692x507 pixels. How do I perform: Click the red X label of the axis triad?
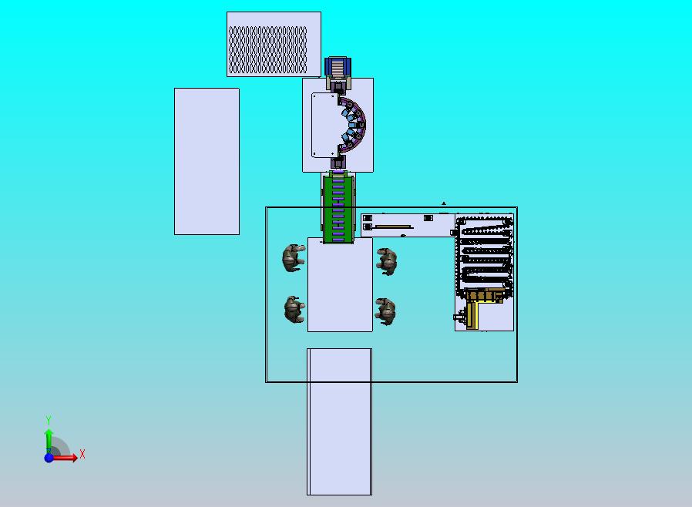82,454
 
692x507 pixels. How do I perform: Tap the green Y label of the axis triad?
49,420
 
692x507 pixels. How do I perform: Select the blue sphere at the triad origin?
49,458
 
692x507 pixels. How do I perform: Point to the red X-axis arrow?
65,458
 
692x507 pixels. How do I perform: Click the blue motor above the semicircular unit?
338,66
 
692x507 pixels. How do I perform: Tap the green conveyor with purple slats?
338,207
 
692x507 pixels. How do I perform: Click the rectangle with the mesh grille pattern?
274,44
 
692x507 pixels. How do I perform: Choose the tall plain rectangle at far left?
207,162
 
